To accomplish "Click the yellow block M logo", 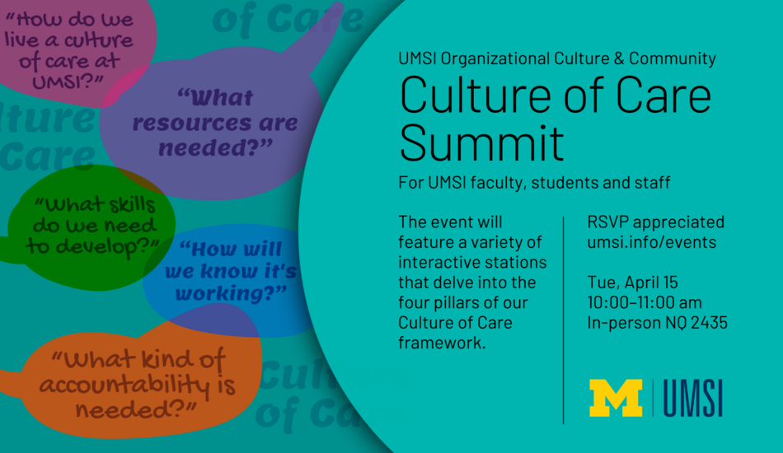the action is tap(616, 398).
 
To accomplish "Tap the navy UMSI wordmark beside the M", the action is tap(692, 398).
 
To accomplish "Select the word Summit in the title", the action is tap(482, 142).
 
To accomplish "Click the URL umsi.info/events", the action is tap(652, 242).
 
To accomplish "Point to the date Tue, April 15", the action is tap(633, 283).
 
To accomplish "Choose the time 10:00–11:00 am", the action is tap(645, 302).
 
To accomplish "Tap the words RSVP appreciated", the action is tap(656, 222).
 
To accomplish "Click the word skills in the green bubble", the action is tap(131, 204).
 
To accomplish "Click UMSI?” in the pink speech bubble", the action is tap(68, 81).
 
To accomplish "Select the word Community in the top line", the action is tap(672, 58).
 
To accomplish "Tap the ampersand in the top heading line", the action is tap(619, 58).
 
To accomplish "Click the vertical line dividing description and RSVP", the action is tap(563, 320).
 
